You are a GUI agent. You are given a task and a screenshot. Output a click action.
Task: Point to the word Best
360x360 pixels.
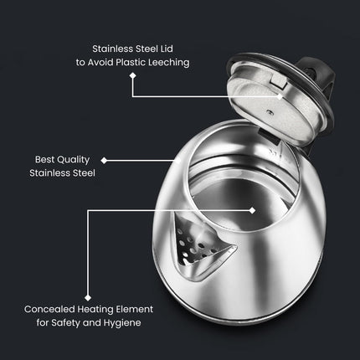pos(45,158)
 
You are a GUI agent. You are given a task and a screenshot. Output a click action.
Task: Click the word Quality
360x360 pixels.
pos(77,158)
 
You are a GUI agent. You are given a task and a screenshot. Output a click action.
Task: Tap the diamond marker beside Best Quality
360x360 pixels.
pos(104,158)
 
